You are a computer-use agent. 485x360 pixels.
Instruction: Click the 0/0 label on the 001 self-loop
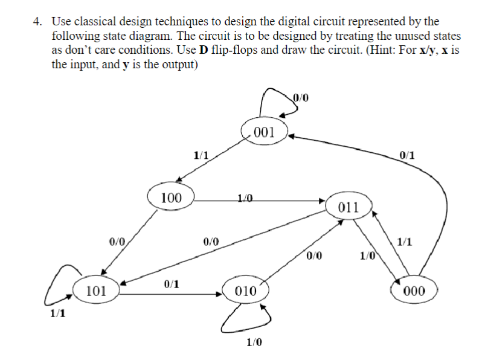[x=300, y=95]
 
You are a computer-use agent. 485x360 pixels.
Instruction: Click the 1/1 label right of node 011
[x=405, y=243]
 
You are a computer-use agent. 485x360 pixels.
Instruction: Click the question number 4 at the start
[x=37, y=22]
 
